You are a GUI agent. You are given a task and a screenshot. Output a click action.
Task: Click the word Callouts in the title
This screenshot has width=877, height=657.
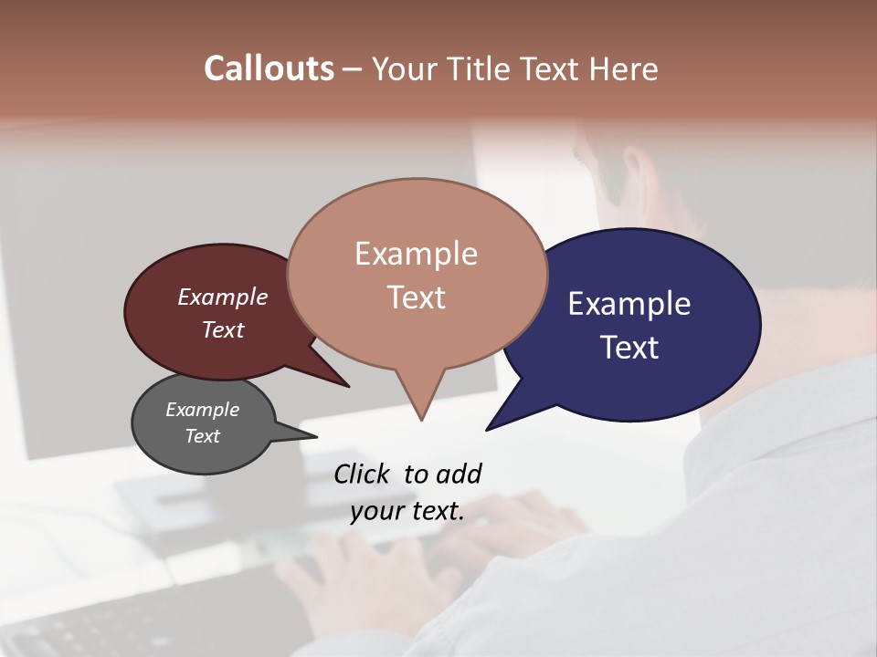269,68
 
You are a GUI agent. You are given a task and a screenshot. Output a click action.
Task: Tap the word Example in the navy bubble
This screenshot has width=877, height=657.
629,303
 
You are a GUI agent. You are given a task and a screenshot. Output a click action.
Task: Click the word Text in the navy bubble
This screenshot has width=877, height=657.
629,347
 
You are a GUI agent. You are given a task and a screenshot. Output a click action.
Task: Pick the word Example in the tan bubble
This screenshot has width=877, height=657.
416,254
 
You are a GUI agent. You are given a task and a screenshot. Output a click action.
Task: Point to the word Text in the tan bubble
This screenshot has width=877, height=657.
416,297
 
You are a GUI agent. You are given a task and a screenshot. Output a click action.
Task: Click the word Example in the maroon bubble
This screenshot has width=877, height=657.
223,297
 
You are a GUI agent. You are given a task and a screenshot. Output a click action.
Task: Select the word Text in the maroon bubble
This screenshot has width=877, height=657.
223,329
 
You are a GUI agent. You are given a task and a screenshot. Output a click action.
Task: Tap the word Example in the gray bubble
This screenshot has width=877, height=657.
203,410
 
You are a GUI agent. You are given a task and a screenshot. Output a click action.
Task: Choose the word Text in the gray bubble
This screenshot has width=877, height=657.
203,436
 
